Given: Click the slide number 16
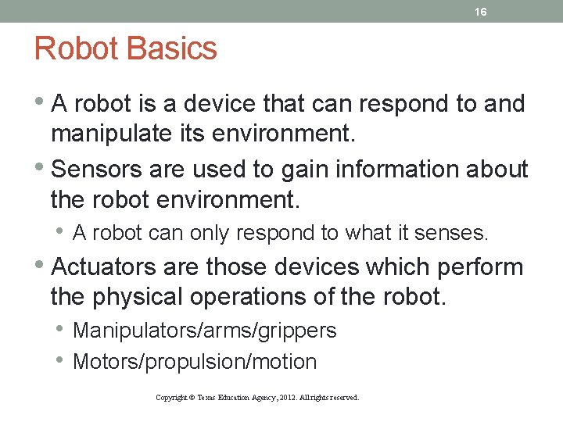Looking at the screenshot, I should (x=481, y=12).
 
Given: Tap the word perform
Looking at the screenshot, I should (x=480, y=267).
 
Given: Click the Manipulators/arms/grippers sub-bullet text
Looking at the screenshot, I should (x=204, y=331).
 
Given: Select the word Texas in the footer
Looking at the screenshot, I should (x=207, y=398).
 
